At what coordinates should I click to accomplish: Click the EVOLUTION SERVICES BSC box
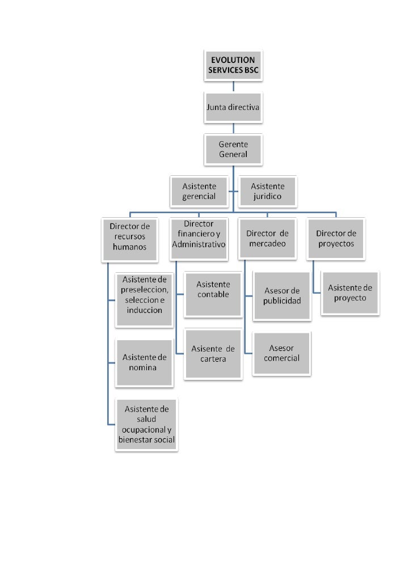click(x=233, y=66)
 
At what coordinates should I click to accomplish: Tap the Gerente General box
click(x=233, y=149)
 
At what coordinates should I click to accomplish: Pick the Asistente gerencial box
click(x=199, y=192)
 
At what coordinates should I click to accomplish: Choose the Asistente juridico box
click(x=267, y=192)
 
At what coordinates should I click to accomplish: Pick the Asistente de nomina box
click(x=144, y=362)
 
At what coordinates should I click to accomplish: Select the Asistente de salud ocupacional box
click(x=146, y=424)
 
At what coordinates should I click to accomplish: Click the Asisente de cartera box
click(x=213, y=353)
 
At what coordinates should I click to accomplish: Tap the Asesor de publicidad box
click(x=281, y=295)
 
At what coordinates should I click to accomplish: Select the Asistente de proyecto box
click(x=350, y=293)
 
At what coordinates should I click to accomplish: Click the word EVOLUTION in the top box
click(x=233, y=61)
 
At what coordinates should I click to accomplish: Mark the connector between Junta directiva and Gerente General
click(x=233, y=128)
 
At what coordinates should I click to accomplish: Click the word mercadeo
click(x=267, y=244)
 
